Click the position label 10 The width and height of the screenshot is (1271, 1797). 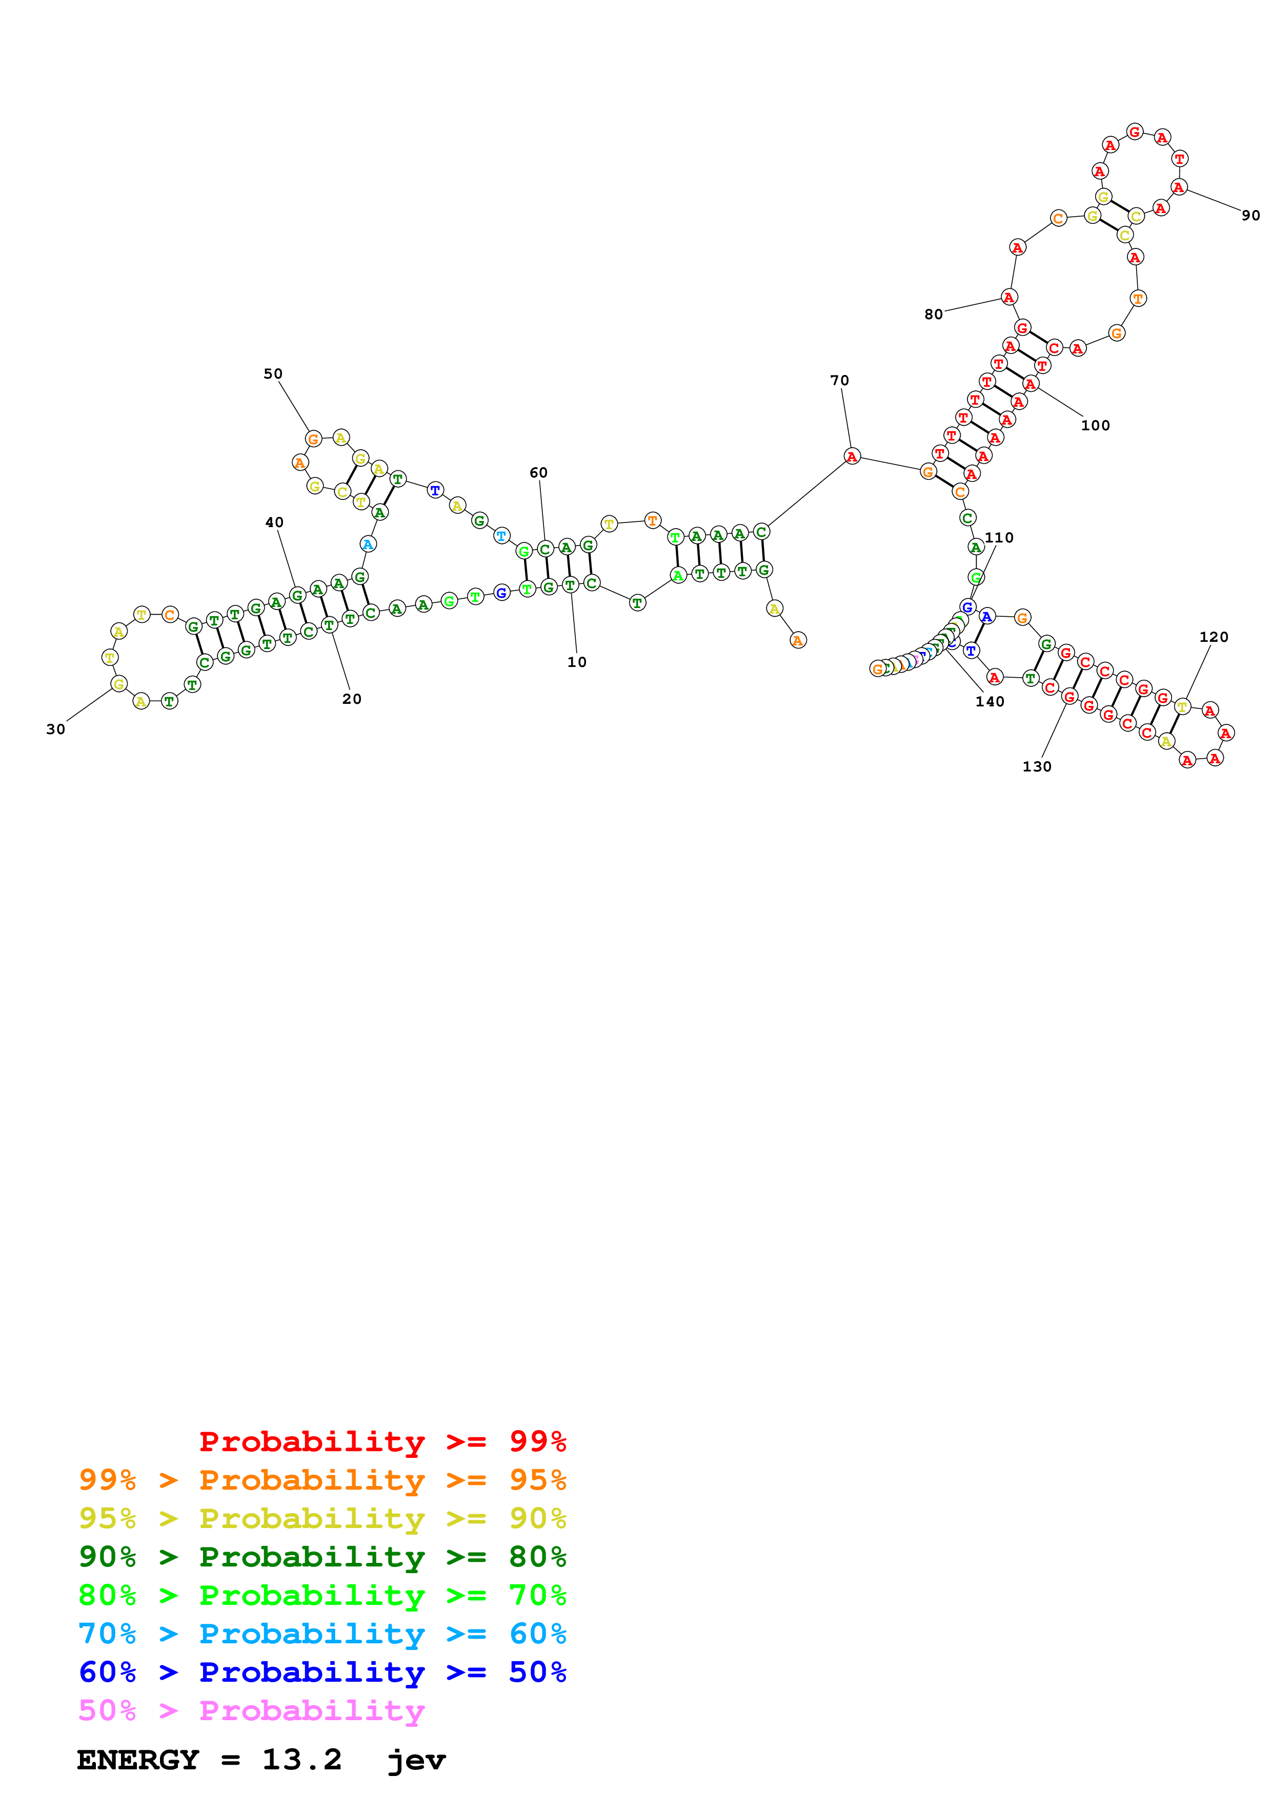point(576,662)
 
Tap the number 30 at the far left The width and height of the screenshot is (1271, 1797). point(55,729)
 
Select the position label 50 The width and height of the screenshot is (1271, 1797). point(273,374)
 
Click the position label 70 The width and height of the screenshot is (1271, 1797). point(839,381)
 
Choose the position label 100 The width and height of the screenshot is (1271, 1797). point(1095,426)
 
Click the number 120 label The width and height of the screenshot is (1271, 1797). point(1213,637)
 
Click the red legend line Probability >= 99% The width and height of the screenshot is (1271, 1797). point(382,1441)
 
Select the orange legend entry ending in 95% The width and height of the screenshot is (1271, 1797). point(322,1480)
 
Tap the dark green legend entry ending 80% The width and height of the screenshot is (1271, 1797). point(322,1557)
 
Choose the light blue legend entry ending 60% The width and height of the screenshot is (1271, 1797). point(322,1634)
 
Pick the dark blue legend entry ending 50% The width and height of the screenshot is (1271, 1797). point(322,1672)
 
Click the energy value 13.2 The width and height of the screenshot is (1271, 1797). point(301,1760)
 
